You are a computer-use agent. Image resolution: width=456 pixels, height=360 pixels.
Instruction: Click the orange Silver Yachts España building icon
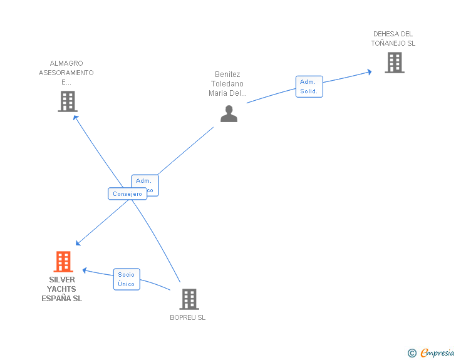(63, 262)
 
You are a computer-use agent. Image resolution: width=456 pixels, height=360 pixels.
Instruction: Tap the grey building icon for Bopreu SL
(189, 299)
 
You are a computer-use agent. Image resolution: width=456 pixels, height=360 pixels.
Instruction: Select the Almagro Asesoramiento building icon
(67, 101)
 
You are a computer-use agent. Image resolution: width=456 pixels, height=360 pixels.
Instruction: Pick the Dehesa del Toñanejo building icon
(394, 63)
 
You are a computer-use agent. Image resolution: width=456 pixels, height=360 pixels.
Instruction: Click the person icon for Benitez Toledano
(229, 113)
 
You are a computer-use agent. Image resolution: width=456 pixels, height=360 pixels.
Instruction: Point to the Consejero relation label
(128, 194)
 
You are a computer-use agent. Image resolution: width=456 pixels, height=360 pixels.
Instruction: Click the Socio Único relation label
(127, 279)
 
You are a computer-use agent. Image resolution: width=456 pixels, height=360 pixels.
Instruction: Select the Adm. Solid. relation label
(309, 86)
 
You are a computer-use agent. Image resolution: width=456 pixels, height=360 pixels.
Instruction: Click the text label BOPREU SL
(188, 317)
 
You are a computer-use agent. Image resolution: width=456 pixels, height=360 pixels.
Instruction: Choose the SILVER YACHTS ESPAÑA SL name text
(62, 289)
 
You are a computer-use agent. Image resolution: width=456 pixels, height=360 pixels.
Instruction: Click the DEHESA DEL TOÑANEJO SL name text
(393, 39)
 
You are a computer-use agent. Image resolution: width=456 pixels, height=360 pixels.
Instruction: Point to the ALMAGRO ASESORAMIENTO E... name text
(66, 73)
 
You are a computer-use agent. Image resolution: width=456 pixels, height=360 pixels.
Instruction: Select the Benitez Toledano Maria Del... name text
(227, 84)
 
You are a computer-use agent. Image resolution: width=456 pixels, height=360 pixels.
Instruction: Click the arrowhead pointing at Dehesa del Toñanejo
(369, 72)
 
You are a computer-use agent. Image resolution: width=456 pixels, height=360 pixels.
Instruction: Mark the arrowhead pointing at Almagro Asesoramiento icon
(75, 116)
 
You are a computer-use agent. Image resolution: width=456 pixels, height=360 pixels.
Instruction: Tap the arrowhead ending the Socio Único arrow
(85, 271)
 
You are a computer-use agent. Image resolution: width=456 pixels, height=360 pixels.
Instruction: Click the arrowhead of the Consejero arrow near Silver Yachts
(78, 243)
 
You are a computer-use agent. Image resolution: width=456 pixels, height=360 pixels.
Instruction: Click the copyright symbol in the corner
(412, 353)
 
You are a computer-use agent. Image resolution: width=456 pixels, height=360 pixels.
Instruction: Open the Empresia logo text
(437, 353)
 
